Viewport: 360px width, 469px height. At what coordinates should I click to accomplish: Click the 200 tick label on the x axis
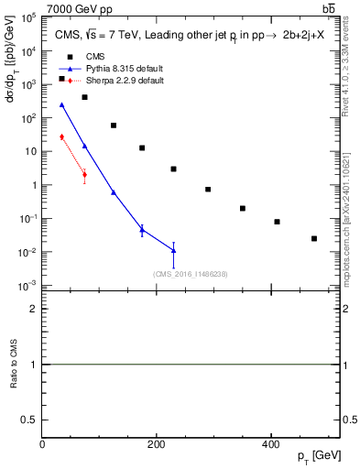[157, 443]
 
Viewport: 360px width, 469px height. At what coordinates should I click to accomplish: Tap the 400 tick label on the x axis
[270, 443]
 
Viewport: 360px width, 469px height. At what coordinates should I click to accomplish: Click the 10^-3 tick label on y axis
[27, 286]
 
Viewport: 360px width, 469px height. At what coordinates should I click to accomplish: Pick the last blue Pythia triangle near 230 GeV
[173, 250]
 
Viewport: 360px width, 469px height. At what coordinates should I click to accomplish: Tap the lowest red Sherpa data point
[84, 174]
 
